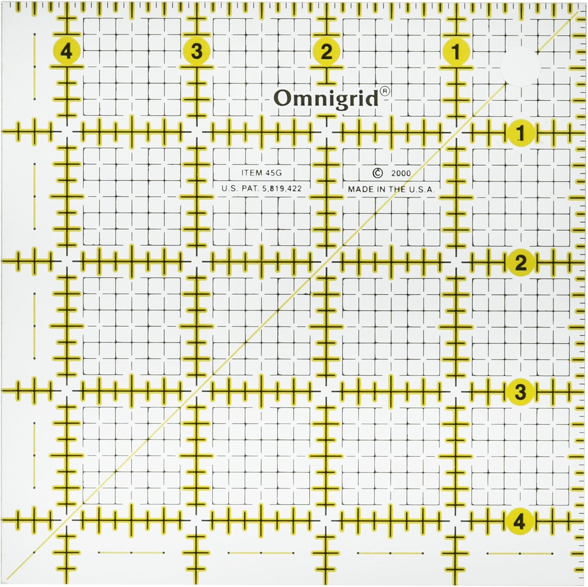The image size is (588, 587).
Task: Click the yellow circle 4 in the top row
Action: pos(67,51)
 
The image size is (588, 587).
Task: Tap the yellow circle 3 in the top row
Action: pos(197,51)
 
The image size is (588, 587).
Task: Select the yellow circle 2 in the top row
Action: pos(327,51)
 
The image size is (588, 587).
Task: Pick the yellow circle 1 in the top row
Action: pos(456,51)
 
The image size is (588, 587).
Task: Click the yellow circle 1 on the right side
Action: pos(520,133)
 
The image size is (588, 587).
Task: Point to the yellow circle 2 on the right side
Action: pos(520,263)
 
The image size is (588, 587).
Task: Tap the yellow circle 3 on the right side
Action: pos(520,392)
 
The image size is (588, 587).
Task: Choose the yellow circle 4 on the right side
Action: pos(520,521)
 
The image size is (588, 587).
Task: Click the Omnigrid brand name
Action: pos(326,98)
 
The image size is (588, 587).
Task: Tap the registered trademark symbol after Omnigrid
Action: pos(385,91)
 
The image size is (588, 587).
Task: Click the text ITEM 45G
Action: pos(261,173)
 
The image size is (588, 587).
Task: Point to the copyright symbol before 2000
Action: pos(377,173)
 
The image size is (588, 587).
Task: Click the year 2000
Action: pos(401,173)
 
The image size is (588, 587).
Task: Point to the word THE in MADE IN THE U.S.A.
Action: pos(397,189)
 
